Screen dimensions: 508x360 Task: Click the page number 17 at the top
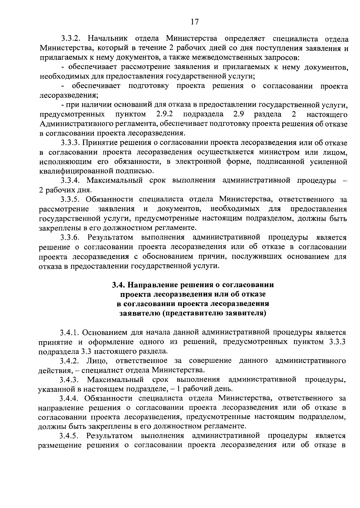coord(194,22)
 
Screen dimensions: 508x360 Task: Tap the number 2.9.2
coord(165,114)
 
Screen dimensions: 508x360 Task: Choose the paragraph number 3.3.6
coord(70,238)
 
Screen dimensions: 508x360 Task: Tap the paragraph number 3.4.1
coord(69,332)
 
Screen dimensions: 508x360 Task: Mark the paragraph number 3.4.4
coord(69,398)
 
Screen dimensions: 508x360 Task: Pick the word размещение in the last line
coord(60,445)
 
